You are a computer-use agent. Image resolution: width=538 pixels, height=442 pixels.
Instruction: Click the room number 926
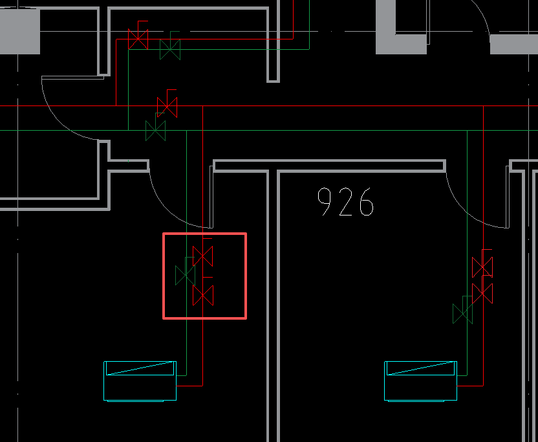click(x=345, y=202)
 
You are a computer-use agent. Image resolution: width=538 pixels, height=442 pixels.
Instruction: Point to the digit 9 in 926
click(x=324, y=202)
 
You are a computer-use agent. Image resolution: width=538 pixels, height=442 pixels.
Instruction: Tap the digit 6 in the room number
click(x=367, y=202)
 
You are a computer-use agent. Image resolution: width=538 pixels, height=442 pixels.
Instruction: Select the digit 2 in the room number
click(x=345, y=202)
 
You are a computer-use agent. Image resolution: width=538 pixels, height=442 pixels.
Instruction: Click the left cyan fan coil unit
click(x=140, y=381)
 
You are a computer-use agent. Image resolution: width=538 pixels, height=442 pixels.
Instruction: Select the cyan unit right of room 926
click(x=421, y=381)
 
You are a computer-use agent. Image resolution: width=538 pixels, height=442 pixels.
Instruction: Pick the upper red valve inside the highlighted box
click(x=203, y=256)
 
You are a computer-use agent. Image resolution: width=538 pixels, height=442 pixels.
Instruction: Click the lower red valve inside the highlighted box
click(x=203, y=295)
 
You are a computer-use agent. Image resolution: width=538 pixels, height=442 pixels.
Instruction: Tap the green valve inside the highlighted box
click(x=186, y=275)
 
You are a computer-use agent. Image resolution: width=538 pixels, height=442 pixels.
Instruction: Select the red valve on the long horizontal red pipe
click(x=167, y=107)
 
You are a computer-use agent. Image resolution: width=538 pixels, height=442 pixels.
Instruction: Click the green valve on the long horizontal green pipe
click(x=155, y=131)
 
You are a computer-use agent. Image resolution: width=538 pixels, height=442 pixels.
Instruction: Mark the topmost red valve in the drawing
click(x=138, y=39)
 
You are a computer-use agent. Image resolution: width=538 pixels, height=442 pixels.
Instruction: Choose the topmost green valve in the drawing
click(x=170, y=49)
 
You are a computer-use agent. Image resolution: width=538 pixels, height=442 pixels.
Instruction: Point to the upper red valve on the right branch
click(x=482, y=267)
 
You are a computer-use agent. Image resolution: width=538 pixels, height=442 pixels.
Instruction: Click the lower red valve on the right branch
click(x=482, y=293)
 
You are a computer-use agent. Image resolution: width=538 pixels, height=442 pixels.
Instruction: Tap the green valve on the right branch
click(x=462, y=314)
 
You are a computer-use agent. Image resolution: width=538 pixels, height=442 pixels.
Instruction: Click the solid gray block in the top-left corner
click(x=20, y=31)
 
